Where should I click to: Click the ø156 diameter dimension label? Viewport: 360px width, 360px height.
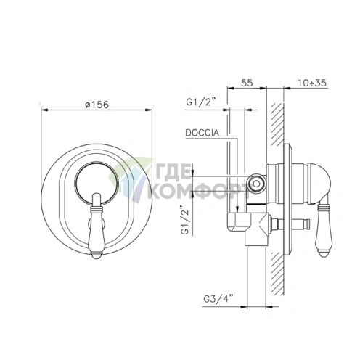tap(97, 105)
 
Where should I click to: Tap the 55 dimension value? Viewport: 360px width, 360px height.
tap(247, 83)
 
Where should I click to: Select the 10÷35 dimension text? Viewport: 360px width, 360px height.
tap(312, 83)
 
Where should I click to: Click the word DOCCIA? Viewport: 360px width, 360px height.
tap(202, 133)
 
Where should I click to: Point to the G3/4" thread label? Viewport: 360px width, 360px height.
tap(218, 299)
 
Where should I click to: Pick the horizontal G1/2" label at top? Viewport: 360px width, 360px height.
tap(201, 102)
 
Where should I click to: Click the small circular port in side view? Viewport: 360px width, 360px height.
tap(256, 184)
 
